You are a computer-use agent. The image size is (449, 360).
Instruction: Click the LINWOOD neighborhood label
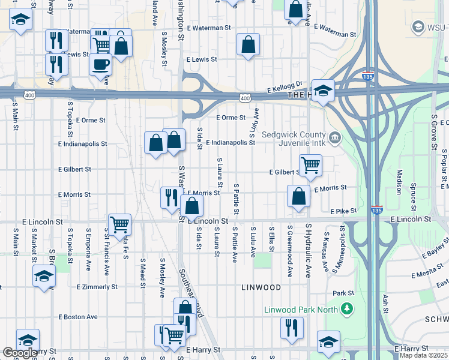click(261, 287)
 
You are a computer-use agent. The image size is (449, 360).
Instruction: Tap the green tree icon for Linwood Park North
click(346, 310)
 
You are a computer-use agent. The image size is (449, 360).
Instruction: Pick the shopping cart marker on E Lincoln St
click(119, 224)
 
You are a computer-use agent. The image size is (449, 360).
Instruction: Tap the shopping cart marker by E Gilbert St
click(310, 164)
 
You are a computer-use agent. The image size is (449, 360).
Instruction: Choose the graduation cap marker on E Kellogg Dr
click(323, 91)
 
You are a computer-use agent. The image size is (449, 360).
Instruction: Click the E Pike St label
click(344, 211)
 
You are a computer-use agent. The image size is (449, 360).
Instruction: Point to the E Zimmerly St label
click(97, 287)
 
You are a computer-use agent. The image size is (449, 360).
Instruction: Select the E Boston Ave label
click(78, 316)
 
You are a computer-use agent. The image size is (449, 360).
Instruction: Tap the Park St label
click(343, 293)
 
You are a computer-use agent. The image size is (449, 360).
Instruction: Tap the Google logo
click(20, 353)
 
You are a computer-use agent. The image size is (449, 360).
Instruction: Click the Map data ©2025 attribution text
click(424, 355)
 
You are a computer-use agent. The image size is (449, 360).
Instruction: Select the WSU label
click(435, 27)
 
